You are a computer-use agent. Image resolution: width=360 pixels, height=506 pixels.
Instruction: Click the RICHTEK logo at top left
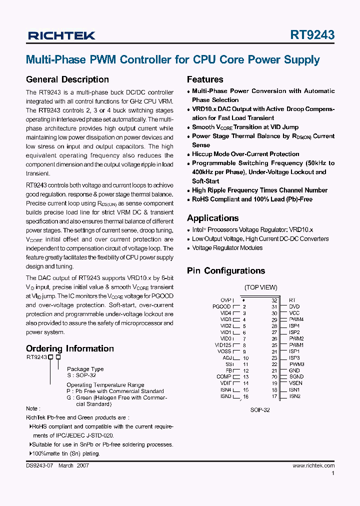click(x=61, y=35)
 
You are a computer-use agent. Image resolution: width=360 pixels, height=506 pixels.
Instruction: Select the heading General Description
click(x=67, y=79)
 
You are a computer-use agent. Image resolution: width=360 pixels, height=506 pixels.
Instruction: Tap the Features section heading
click(x=205, y=79)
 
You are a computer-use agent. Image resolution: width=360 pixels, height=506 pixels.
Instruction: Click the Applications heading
click(x=212, y=218)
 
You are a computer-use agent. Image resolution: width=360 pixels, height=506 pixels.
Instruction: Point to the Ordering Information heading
click(x=69, y=348)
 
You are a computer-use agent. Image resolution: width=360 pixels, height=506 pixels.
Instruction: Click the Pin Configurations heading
click(x=226, y=271)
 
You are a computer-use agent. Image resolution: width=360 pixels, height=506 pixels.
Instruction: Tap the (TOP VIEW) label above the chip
click(x=260, y=287)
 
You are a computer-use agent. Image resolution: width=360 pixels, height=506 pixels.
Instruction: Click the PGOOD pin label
click(x=221, y=306)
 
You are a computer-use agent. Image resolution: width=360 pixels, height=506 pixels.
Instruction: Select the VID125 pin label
click(x=223, y=345)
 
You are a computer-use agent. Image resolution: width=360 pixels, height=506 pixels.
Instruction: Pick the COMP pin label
click(x=223, y=377)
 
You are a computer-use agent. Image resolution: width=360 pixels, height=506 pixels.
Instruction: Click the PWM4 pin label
click(x=296, y=319)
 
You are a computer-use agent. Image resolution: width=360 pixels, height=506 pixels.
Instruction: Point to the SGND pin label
click(x=296, y=377)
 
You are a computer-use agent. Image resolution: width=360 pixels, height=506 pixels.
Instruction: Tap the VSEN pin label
click(x=295, y=383)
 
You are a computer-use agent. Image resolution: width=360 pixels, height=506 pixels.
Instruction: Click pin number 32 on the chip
click(x=274, y=300)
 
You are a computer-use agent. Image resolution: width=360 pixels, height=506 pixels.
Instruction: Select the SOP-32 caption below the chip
click(x=260, y=409)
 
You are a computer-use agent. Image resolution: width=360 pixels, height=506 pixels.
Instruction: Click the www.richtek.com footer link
click(x=313, y=465)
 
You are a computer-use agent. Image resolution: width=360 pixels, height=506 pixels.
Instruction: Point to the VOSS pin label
click(x=224, y=351)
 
